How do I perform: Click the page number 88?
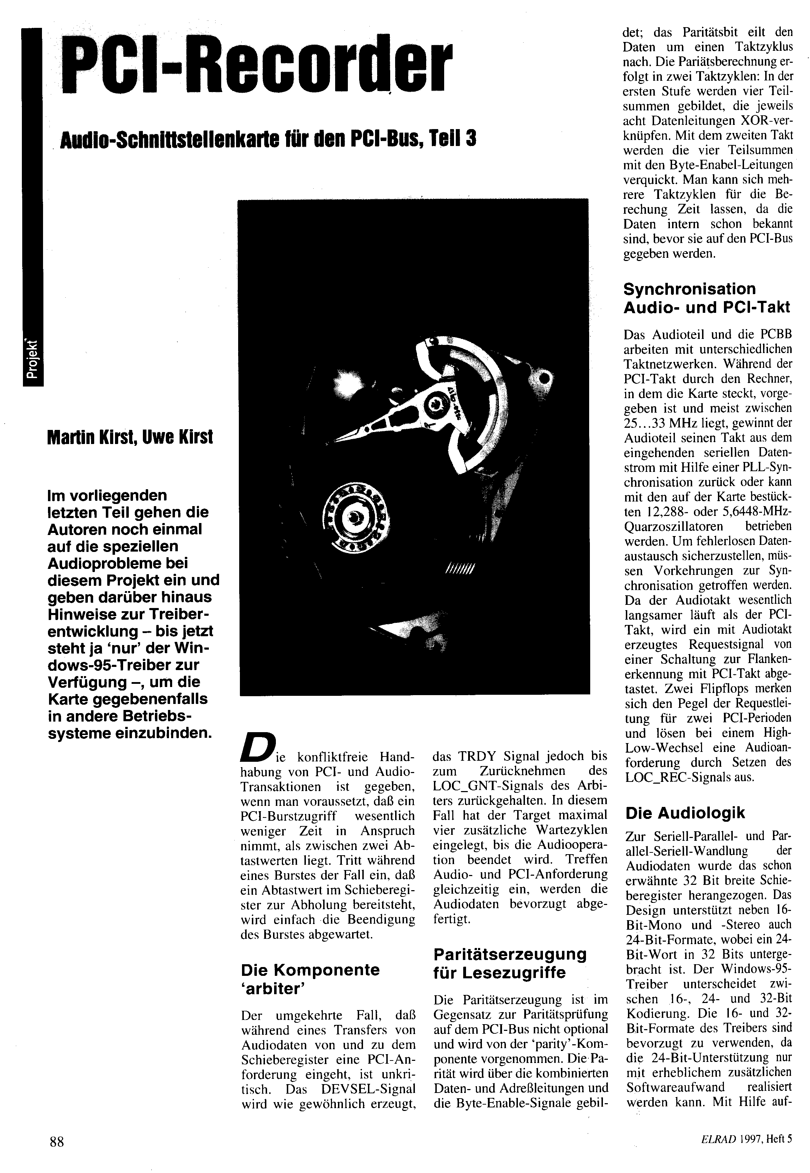(57, 1142)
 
